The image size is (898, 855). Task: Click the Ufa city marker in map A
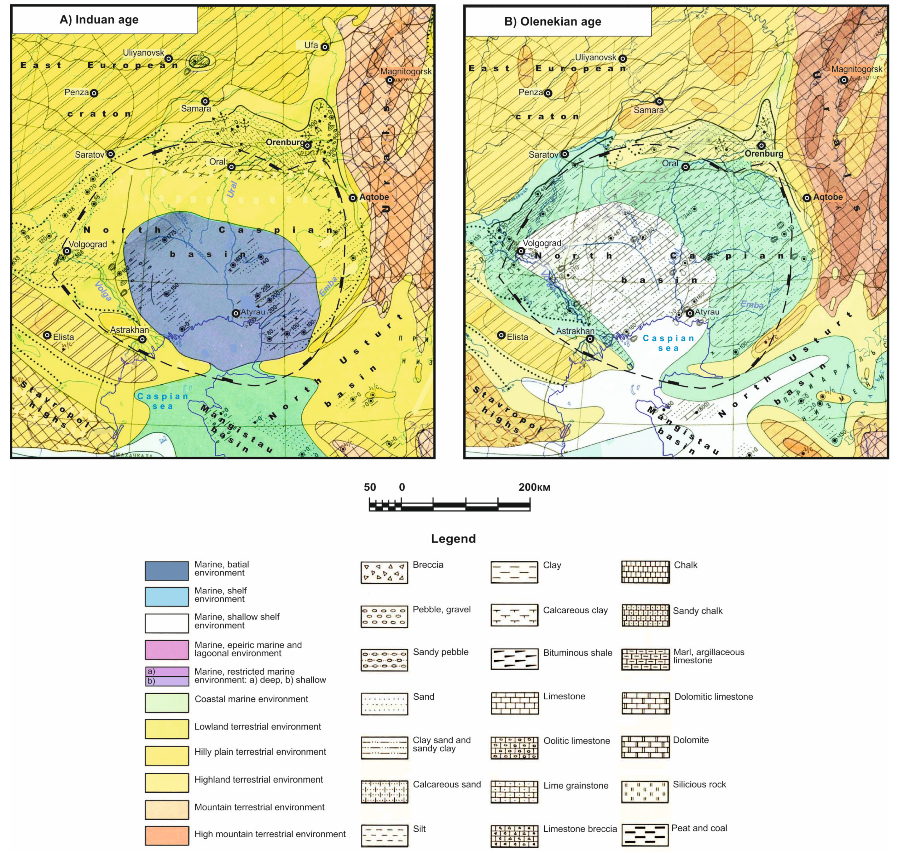(x=325, y=47)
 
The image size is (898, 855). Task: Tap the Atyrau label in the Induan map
(x=253, y=312)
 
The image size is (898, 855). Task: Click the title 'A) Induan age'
(x=99, y=20)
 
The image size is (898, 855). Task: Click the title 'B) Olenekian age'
(x=553, y=21)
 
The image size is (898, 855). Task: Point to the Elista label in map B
(x=517, y=337)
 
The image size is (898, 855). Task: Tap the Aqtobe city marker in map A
(x=353, y=198)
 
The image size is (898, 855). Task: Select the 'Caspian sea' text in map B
(x=668, y=343)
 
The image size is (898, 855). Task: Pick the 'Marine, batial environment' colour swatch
(x=166, y=571)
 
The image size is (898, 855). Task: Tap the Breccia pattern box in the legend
(x=384, y=572)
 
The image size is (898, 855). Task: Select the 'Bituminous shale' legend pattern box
(x=514, y=659)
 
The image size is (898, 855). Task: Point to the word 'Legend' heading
(x=453, y=539)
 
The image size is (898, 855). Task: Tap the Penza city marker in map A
(x=94, y=93)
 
